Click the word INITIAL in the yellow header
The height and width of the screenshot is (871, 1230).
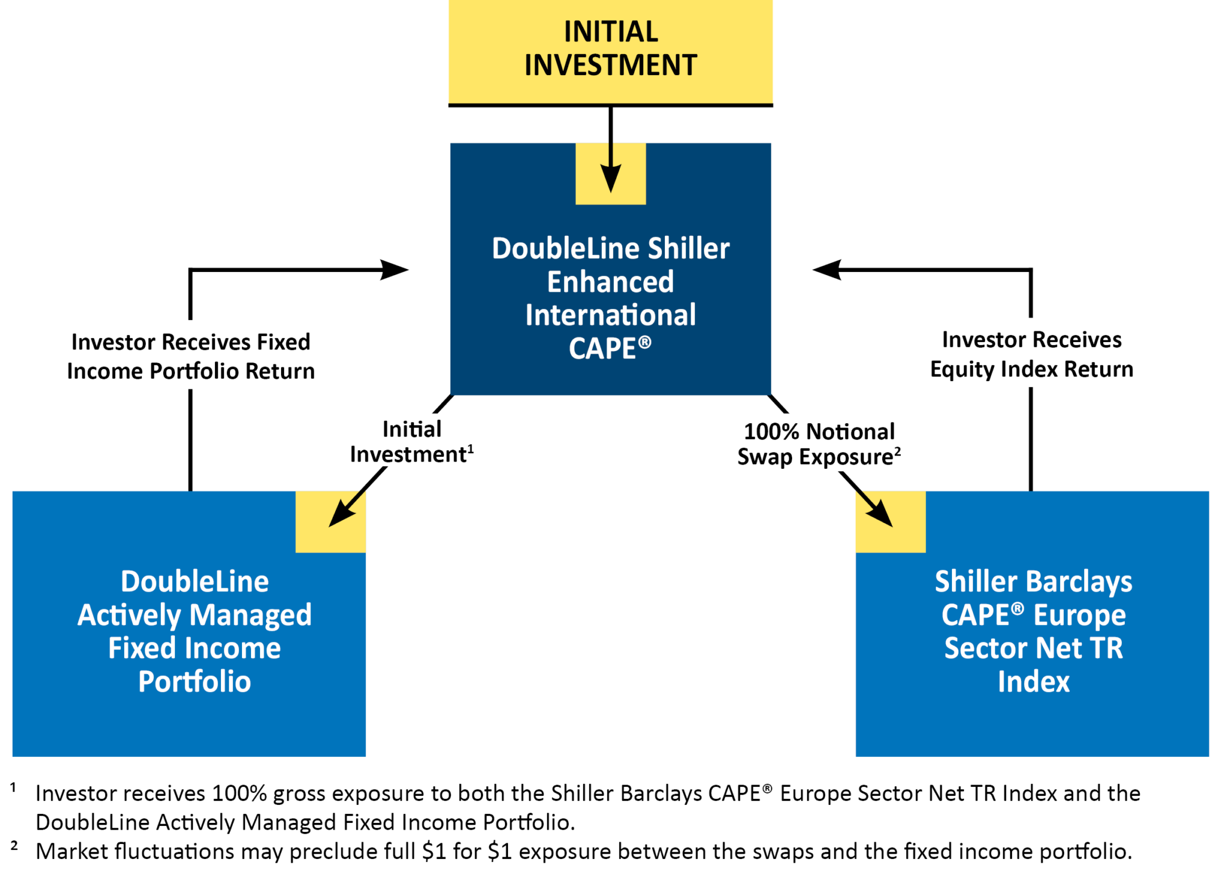[610, 32]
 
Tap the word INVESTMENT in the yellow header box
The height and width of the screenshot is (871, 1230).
[610, 65]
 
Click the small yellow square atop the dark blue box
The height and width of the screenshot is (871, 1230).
[610, 173]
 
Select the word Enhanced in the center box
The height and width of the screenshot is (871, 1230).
[610, 282]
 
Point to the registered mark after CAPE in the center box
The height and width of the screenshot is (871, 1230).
[644, 342]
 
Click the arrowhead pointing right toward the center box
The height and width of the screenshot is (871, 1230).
[395, 270]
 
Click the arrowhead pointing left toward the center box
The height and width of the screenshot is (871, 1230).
[826, 270]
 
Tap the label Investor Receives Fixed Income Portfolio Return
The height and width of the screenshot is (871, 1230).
[190, 356]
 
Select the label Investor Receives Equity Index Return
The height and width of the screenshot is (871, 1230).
[1031, 354]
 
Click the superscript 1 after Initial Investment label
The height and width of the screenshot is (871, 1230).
[471, 448]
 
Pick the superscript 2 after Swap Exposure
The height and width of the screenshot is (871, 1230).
[897, 451]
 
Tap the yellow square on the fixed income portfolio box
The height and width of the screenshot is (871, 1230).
[330, 522]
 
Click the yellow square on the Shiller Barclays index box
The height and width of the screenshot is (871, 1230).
[890, 522]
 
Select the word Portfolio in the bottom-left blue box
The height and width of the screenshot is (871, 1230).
[195, 681]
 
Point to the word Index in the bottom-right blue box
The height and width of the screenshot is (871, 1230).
[1033, 681]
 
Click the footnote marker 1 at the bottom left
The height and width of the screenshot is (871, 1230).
[13, 787]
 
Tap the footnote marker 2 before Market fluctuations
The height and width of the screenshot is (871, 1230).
[14, 846]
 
